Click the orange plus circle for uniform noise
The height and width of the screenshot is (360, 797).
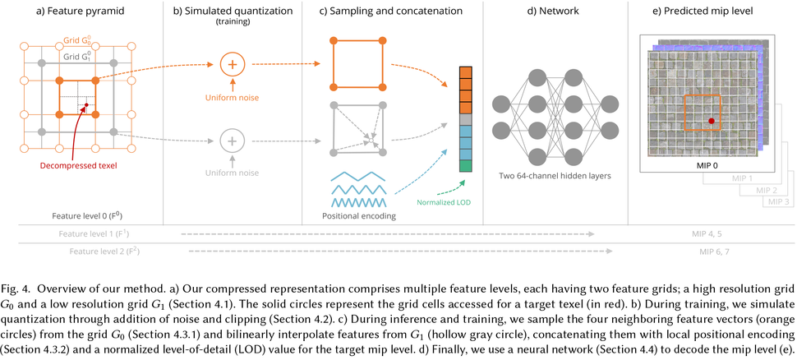pyautogui.click(x=232, y=64)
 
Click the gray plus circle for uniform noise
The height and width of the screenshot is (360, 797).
pyautogui.click(x=232, y=141)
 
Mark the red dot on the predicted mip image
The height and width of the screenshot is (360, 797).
pyautogui.click(x=712, y=122)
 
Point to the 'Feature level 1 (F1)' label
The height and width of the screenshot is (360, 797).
pyautogui.click(x=101, y=233)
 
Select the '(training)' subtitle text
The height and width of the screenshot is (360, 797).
pyautogui.click(x=232, y=22)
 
